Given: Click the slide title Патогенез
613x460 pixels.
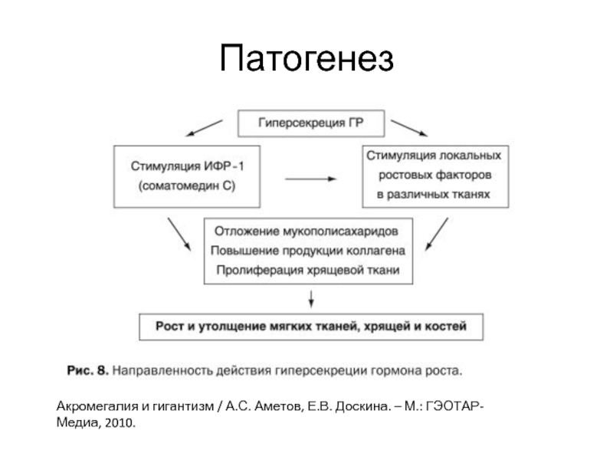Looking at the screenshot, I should click(306, 59).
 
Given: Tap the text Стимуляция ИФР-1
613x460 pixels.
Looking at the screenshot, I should click(187, 166).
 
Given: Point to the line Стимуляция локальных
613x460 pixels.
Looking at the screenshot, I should click(433, 156).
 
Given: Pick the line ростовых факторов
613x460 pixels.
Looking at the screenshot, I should click(433, 176).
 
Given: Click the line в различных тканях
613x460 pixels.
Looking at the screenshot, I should click(432, 195).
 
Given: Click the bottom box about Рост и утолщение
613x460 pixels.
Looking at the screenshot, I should click(310, 327).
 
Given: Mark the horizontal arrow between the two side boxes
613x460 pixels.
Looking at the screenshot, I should click(310, 179).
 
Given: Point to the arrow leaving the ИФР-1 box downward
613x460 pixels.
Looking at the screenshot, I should click(178, 234).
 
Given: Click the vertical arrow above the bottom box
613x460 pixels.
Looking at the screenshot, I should click(310, 299).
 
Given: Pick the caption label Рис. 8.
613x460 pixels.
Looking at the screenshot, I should click(87, 370).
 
